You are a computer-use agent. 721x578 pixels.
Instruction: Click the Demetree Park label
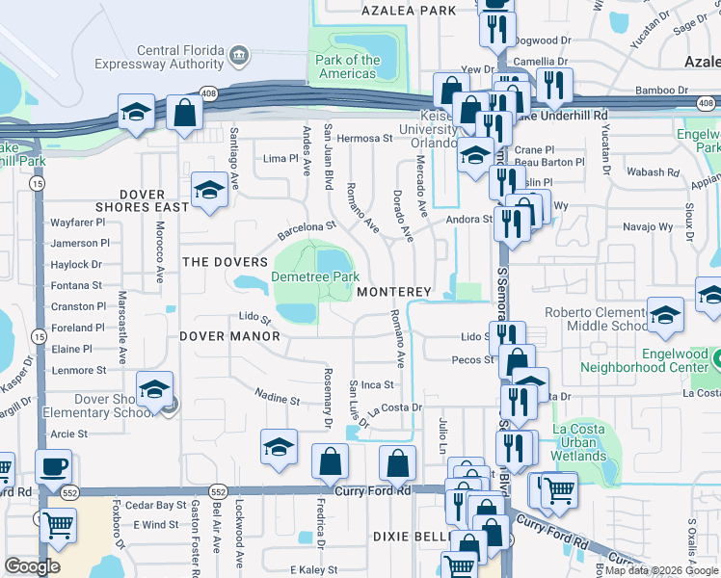[x=314, y=276]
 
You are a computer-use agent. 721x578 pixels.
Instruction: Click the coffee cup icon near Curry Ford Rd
[x=53, y=467]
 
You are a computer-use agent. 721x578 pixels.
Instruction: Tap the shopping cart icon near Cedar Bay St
[x=59, y=526]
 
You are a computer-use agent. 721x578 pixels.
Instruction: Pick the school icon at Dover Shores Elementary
[x=154, y=389]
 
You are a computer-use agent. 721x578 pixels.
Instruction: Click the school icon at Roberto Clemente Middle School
[x=665, y=315]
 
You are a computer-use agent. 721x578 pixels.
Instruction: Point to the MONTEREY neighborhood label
[x=392, y=291]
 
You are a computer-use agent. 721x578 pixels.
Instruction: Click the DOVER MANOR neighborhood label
[x=229, y=336]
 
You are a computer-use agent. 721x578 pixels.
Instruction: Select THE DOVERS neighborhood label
[x=225, y=262]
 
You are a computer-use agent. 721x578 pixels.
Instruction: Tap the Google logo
[x=32, y=566]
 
